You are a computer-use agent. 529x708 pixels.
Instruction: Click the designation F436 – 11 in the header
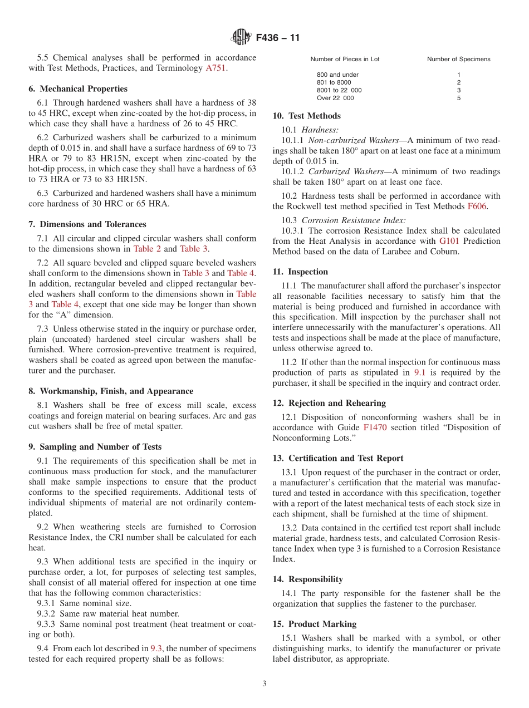278,38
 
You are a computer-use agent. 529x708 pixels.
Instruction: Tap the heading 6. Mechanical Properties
78,88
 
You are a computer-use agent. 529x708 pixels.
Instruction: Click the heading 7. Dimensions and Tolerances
87,224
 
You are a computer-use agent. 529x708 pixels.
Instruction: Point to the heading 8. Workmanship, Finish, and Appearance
111,391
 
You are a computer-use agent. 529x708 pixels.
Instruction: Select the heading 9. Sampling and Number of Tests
95,446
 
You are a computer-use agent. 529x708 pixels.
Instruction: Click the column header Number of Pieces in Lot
345,59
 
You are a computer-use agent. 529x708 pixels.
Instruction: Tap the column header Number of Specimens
459,59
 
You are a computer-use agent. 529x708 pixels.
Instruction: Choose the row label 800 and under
337,75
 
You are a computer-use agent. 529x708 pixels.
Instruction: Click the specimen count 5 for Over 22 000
459,98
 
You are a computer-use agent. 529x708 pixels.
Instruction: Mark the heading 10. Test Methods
306,116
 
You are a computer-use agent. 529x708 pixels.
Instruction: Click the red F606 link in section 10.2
477,206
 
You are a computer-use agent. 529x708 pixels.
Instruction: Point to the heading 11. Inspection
300,272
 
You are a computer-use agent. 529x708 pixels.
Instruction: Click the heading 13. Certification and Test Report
338,458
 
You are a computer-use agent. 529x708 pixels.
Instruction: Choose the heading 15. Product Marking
315,624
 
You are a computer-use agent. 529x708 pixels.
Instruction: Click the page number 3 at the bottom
264,684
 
